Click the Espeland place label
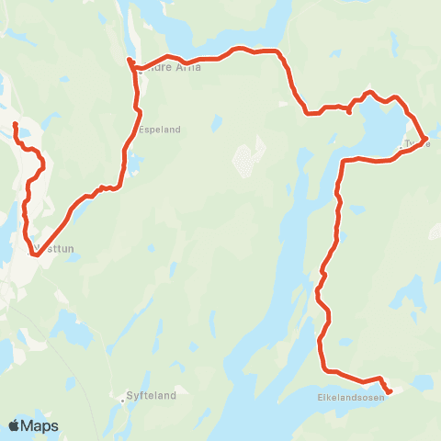click(160, 130)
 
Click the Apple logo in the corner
click(15, 425)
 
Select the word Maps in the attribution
click(40, 425)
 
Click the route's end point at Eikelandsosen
click(390, 391)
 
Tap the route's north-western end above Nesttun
click(16, 123)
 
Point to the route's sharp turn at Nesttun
click(32, 254)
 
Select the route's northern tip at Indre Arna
click(130, 61)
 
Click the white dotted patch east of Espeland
click(244, 161)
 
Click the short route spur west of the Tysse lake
click(350, 111)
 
